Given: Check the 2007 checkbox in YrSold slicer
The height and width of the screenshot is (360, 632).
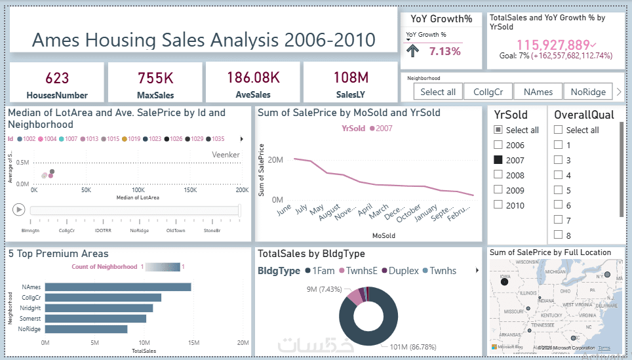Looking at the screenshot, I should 498,160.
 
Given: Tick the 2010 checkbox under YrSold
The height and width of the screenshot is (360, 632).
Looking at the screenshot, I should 498,205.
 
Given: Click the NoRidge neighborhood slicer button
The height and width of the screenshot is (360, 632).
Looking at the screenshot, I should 588,92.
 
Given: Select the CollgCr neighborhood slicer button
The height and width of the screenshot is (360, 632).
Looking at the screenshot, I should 487,92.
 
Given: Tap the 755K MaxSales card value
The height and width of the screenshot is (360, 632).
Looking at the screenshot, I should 155,78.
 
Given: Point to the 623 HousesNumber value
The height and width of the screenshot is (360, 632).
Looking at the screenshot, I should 57,78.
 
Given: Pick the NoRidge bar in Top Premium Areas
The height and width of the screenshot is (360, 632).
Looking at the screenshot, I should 86,329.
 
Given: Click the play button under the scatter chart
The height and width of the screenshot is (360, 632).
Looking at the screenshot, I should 18,209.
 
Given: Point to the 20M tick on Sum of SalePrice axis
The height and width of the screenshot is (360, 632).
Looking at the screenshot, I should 275,159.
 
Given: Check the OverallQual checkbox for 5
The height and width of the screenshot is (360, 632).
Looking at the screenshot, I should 559,190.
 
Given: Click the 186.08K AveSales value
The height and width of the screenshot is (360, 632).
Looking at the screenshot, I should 253,78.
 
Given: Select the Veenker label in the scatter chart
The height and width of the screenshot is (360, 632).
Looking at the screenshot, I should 226,155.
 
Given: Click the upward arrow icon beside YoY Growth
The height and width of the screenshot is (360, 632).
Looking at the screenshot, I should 413,52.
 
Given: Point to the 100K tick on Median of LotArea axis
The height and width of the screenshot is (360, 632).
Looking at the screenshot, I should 138,190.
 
